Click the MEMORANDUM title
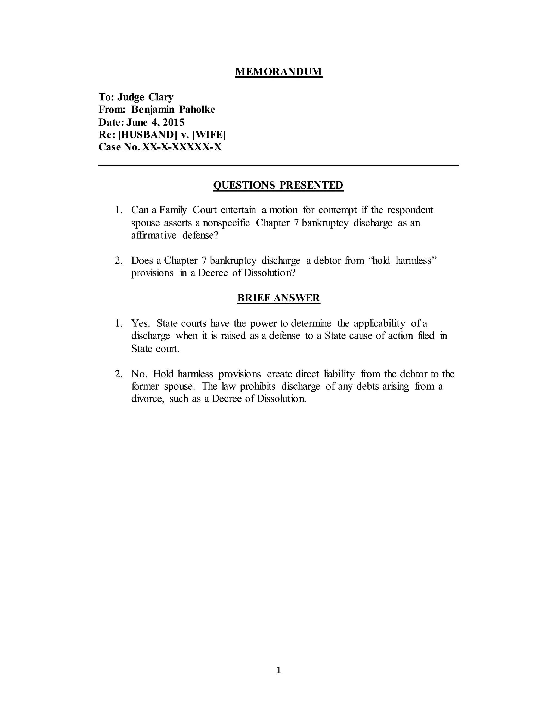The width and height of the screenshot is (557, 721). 278,72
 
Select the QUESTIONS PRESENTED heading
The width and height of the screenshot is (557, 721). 278,185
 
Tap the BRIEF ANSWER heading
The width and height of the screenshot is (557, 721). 278,298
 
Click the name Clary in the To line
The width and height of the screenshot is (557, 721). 161,97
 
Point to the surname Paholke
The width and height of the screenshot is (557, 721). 197,109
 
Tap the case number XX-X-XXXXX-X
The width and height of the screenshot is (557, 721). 182,147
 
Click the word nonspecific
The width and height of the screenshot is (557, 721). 226,223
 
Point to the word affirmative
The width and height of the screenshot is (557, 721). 154,235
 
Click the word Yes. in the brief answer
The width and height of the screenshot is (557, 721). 140,323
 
